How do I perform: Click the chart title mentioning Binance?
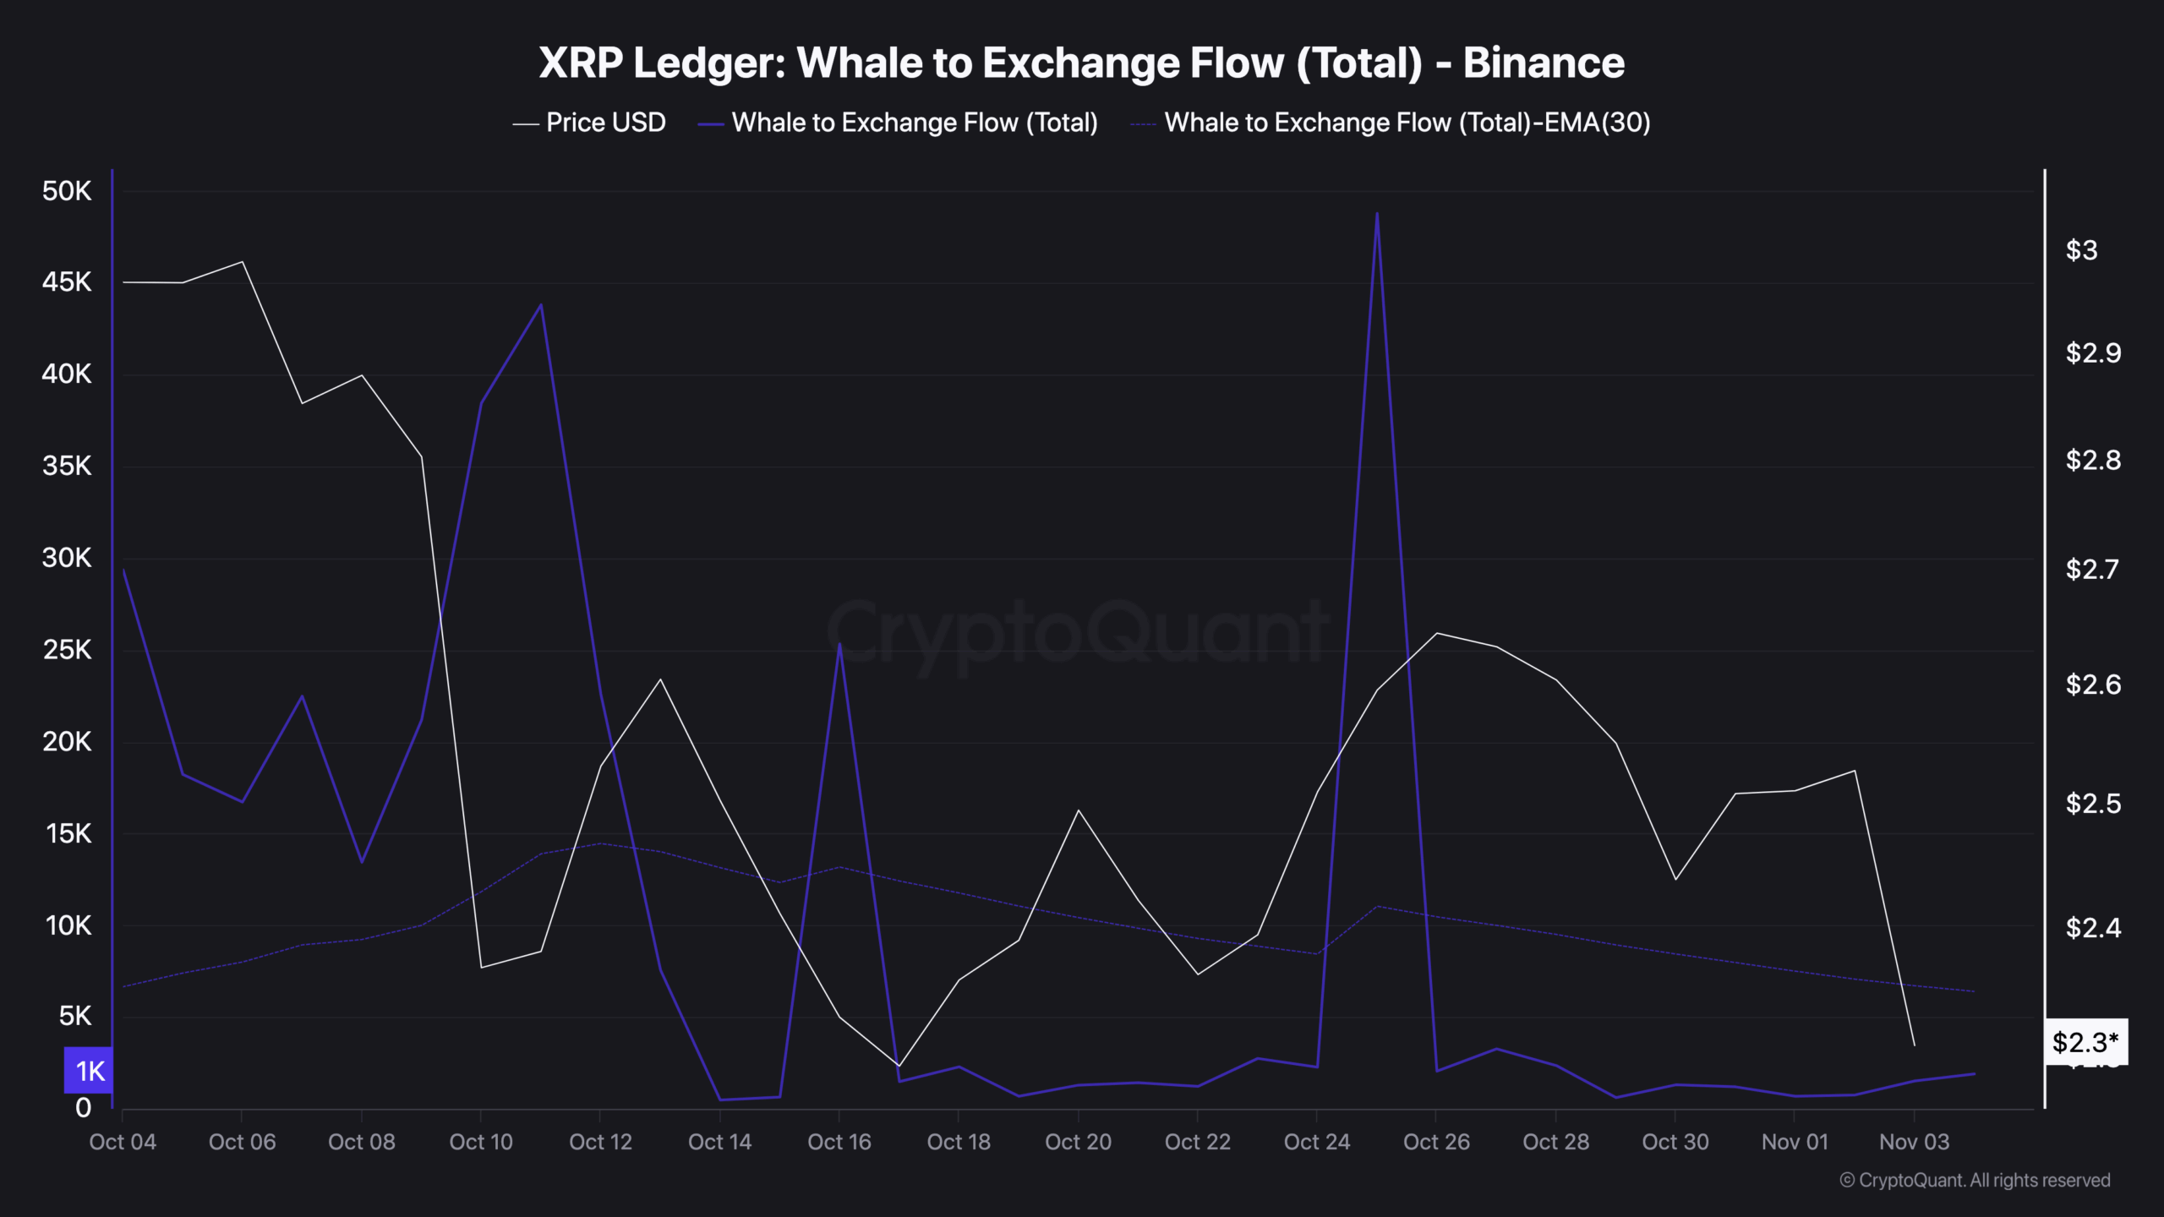(1081, 63)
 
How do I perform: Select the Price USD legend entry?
(590, 123)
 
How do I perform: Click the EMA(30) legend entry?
(1391, 123)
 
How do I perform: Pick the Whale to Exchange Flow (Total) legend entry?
(898, 123)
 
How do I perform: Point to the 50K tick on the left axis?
(67, 191)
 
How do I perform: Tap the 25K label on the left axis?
(67, 649)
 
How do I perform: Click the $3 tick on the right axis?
(2081, 250)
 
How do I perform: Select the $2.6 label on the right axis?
(2092, 684)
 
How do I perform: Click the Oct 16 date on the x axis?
(839, 1142)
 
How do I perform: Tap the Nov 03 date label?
(1914, 1142)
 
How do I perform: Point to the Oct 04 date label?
(123, 1142)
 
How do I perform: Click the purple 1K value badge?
(89, 1071)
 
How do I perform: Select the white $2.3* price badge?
(2085, 1042)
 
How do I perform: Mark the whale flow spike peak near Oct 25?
(1377, 213)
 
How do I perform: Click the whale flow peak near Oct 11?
(541, 304)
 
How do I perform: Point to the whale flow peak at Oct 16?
(839, 644)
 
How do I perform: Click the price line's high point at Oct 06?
(243, 262)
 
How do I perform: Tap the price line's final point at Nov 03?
(1914, 1045)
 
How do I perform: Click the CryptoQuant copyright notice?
(1975, 1180)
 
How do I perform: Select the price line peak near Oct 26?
(1437, 633)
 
